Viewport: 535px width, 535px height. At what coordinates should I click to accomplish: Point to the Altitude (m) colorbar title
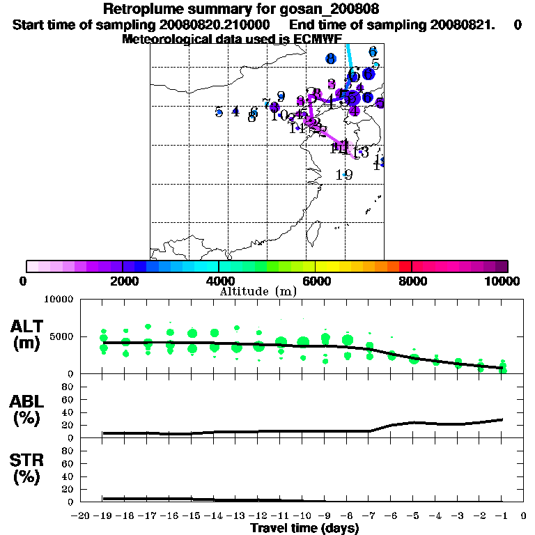258,291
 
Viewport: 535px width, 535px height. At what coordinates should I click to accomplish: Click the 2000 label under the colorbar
122,281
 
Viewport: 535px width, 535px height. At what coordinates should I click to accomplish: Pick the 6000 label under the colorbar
315,281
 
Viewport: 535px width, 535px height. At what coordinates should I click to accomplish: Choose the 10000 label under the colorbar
504,281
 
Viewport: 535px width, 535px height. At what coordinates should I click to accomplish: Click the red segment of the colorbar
405,266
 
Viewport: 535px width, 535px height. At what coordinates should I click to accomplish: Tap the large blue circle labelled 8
331,59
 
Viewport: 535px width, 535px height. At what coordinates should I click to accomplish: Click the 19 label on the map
343,175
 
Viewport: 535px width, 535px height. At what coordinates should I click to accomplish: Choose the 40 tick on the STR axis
69,476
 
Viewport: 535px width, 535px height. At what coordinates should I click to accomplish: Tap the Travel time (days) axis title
304,528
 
